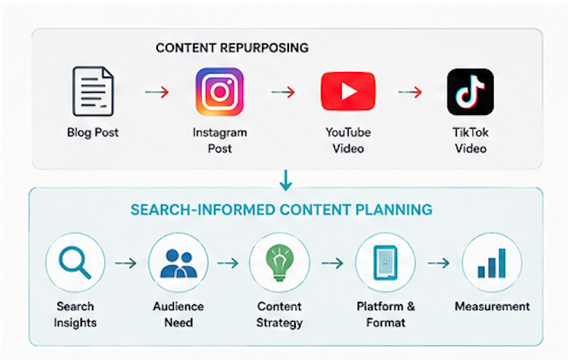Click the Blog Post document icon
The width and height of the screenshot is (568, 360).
[93, 91]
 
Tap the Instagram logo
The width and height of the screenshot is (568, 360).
[219, 92]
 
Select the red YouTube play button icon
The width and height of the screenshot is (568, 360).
[348, 91]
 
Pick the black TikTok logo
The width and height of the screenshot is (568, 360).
[470, 92]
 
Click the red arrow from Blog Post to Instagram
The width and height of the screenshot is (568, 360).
[157, 92]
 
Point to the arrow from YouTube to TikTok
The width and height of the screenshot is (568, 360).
[410, 92]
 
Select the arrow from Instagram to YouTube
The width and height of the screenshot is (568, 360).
[284, 92]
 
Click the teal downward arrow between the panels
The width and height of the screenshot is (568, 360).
[286, 180]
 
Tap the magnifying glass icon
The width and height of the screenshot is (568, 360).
[75, 262]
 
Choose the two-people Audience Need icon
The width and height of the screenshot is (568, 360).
[179, 263]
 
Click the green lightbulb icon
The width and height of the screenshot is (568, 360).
[279, 263]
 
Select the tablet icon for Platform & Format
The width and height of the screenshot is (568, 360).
[386, 263]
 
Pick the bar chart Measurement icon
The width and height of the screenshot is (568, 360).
[491, 263]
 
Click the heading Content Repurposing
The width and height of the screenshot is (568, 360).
[232, 47]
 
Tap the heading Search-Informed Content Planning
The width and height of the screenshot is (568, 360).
[281, 210]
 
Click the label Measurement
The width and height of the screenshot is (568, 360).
[492, 306]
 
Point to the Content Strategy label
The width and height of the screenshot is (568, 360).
[279, 314]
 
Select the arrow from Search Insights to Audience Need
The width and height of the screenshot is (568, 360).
[126, 263]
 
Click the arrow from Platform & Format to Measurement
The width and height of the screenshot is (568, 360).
[438, 263]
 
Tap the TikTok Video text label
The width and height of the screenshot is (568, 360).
[471, 140]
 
